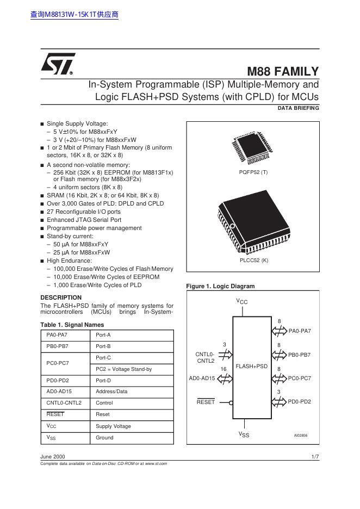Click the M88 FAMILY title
tap(283, 72)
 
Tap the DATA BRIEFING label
tap(298, 108)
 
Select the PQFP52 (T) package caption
tap(253, 172)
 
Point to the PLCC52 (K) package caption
tap(253, 260)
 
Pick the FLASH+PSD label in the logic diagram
tap(252, 367)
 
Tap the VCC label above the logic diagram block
tap(242, 301)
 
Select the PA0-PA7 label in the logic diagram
tap(300, 331)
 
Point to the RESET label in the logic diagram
tap(206, 402)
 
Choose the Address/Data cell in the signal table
tap(111, 392)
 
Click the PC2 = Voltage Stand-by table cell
tap(123, 369)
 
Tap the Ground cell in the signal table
tap(104, 438)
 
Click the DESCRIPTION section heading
tap(61, 297)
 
